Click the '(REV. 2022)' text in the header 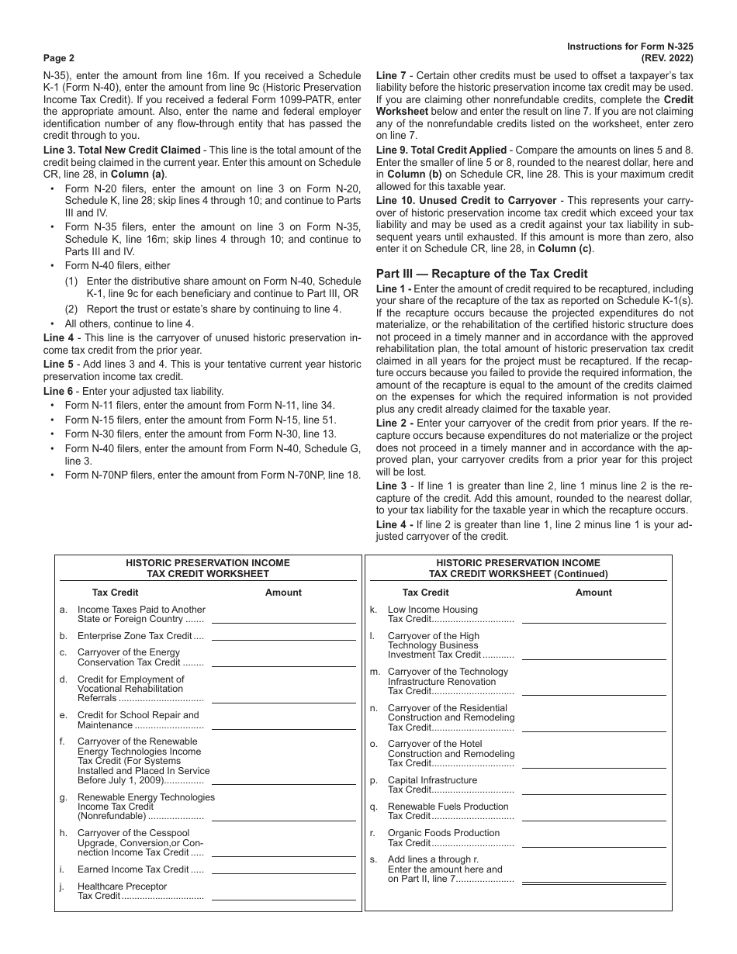click(x=666, y=58)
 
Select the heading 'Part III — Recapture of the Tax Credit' click(x=482, y=273)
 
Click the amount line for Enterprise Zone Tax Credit click(x=284, y=639)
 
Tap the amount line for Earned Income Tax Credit click(x=284, y=873)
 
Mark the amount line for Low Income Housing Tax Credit click(x=593, y=622)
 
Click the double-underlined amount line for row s click(x=593, y=883)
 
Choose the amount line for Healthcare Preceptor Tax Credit click(x=284, y=898)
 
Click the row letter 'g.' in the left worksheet click(x=64, y=797)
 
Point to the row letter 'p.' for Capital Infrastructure click(x=373, y=780)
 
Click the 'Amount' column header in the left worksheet click(x=283, y=593)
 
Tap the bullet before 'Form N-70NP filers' click(x=53, y=475)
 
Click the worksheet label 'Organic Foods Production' click(x=443, y=833)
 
